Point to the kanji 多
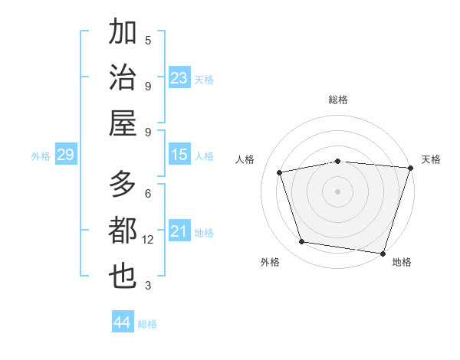[123, 184]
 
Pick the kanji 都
[123, 230]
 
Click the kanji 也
[123, 276]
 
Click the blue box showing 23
[179, 78]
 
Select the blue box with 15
[179, 155]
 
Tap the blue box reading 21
[179, 231]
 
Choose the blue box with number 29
[65, 155]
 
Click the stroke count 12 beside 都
[148, 240]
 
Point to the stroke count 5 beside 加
[148, 40]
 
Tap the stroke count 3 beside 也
[148, 286]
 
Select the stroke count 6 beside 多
[148, 193]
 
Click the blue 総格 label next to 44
[147, 324]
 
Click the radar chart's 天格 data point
[410, 168]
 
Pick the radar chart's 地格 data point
[383, 253]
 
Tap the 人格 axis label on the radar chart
[245, 159]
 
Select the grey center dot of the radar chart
[337, 191]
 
